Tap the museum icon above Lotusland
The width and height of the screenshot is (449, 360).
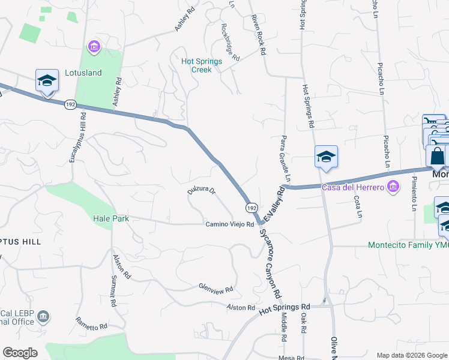(94, 46)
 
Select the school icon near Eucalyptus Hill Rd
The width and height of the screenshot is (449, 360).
(47, 81)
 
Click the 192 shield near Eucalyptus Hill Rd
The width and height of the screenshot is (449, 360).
(70, 104)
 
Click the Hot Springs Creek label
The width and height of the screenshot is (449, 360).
(202, 65)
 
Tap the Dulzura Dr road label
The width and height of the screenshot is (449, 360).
(201, 191)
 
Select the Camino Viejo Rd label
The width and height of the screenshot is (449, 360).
(230, 224)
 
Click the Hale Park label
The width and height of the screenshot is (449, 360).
(111, 219)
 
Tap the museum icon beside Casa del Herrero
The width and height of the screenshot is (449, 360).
(393, 188)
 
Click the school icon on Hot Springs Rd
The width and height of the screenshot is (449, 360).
(326, 157)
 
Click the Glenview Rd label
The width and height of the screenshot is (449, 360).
(216, 289)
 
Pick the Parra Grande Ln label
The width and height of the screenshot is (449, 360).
(284, 159)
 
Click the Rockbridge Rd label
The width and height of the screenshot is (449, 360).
(230, 42)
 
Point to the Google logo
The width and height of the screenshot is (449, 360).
(20, 353)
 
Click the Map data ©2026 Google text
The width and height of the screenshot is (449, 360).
(411, 355)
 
